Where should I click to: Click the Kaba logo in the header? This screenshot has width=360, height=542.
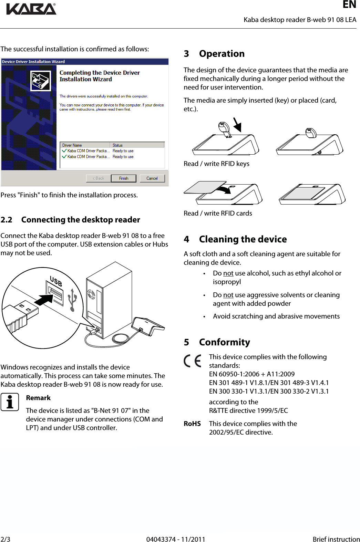tap(31, 9)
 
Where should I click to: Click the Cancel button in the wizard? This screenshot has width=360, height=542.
tap(152, 178)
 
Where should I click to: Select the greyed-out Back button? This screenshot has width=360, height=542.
tap(99, 178)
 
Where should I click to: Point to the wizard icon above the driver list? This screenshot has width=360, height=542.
tap(41, 81)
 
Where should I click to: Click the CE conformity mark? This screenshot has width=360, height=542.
tap(193, 361)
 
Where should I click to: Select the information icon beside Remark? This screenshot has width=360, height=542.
tap(10, 402)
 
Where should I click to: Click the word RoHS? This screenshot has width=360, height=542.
tap(192, 424)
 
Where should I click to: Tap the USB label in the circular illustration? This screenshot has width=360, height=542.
tap(56, 281)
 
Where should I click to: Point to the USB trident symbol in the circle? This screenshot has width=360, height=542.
tap(72, 300)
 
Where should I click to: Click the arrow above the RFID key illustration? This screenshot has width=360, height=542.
tap(237, 125)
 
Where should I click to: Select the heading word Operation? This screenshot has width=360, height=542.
tap(222, 54)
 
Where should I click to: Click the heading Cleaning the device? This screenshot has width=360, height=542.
tap(243, 239)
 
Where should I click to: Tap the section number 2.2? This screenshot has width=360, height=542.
tap(6, 220)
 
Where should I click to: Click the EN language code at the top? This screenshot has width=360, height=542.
tap(349, 4)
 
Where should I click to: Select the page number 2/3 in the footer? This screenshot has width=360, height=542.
tap(5, 539)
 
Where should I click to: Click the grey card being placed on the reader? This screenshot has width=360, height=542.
tap(203, 187)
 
